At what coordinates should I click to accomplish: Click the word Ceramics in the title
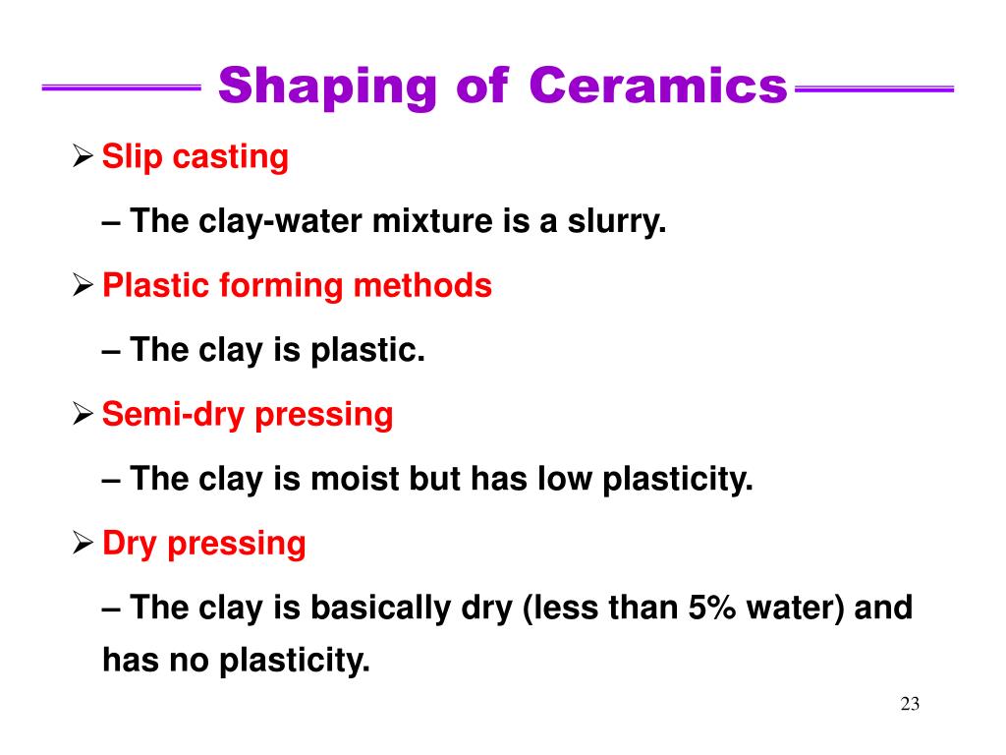[658, 87]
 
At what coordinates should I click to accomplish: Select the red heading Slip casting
[196, 156]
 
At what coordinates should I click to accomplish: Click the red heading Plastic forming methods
[297, 286]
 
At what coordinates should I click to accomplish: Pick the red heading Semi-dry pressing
[248, 415]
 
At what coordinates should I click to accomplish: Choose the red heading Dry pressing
[204, 544]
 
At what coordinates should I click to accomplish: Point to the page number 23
[909, 704]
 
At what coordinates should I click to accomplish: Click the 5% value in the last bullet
[713, 608]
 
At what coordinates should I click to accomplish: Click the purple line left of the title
[122, 88]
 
